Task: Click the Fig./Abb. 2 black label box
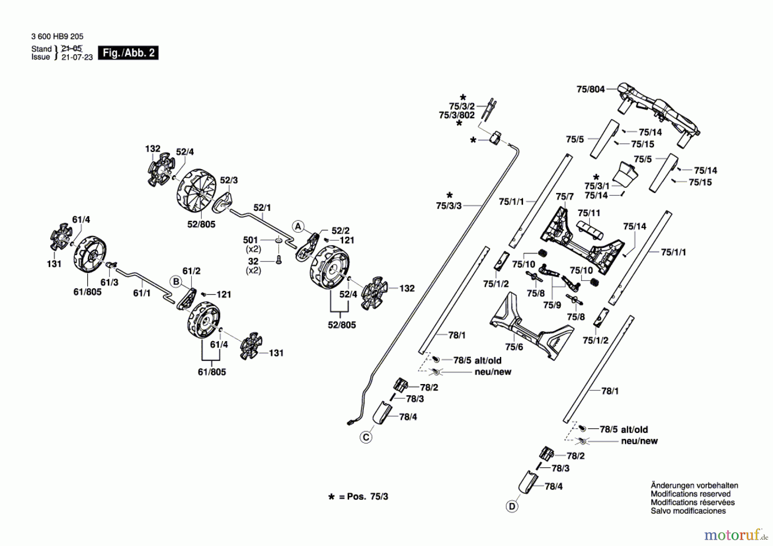[x=128, y=53]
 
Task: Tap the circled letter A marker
[x=298, y=226]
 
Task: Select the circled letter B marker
[x=176, y=281]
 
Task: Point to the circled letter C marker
[x=366, y=437]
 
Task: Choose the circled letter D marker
[x=512, y=506]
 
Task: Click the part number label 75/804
[x=590, y=89]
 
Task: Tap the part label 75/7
[x=564, y=196]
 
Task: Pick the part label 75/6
[x=514, y=347]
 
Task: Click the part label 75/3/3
[x=449, y=206]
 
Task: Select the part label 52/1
[x=262, y=207]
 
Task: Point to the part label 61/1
[x=142, y=293]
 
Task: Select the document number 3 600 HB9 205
[x=57, y=37]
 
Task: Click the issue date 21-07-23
[x=77, y=57]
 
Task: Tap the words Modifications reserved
[x=691, y=494]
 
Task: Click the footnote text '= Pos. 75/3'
[x=363, y=497]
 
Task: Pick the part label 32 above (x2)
[x=253, y=261]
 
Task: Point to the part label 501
[x=250, y=240]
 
